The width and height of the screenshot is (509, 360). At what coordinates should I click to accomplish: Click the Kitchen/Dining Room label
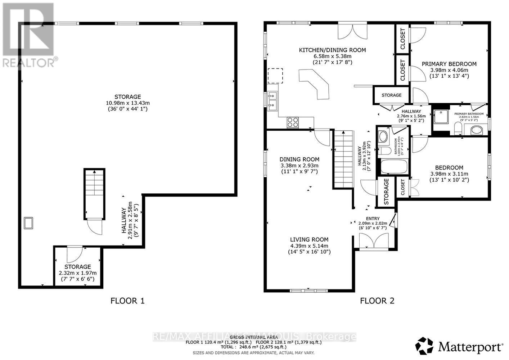pyautogui.click(x=332, y=50)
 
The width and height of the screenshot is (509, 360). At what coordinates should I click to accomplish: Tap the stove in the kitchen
pyautogui.click(x=293, y=122)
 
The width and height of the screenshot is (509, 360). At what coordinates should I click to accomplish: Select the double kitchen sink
pyautogui.click(x=272, y=101)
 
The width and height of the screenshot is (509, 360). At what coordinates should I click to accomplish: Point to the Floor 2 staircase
pyautogui.click(x=342, y=159)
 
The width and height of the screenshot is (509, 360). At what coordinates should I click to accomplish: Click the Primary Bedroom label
pyautogui.click(x=449, y=64)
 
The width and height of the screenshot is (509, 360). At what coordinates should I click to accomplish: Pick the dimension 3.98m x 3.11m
pyautogui.click(x=449, y=174)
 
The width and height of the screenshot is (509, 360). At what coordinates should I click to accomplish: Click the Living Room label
pyautogui.click(x=309, y=239)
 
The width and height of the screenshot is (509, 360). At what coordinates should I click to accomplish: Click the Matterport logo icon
pyautogui.click(x=425, y=346)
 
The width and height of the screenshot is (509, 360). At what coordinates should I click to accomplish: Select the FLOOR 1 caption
pyautogui.click(x=127, y=301)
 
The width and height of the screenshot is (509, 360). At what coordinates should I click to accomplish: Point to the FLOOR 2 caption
pyautogui.click(x=377, y=301)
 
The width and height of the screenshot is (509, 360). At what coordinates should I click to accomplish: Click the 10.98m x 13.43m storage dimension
pyautogui.click(x=128, y=103)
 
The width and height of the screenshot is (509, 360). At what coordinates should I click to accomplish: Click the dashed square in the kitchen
pyautogui.click(x=275, y=76)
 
